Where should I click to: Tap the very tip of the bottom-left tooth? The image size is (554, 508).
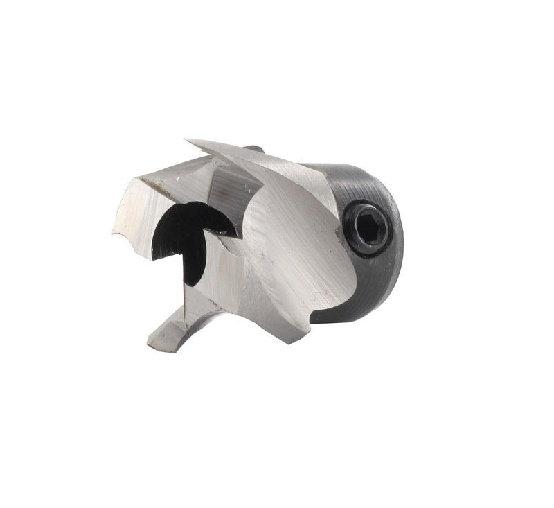pos(150,344)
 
